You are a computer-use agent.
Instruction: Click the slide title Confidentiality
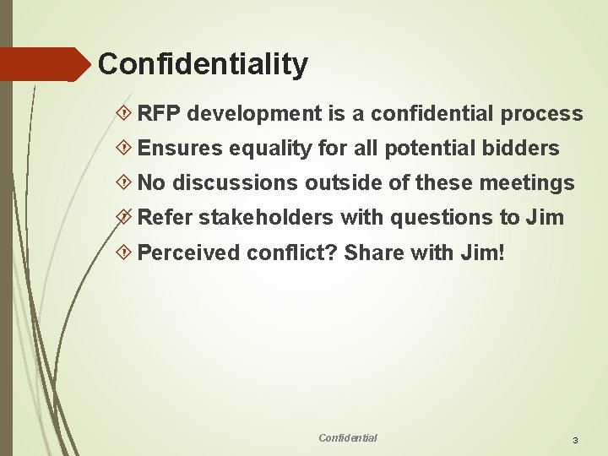coord(203,64)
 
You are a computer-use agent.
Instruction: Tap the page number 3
coord(575,441)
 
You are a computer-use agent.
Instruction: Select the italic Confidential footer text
coord(348,437)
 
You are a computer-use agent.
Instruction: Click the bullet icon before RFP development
coord(125,114)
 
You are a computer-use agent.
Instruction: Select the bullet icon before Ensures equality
coord(125,149)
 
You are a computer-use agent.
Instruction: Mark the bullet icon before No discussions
coord(125,183)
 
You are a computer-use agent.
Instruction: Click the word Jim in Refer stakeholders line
coord(544,218)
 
